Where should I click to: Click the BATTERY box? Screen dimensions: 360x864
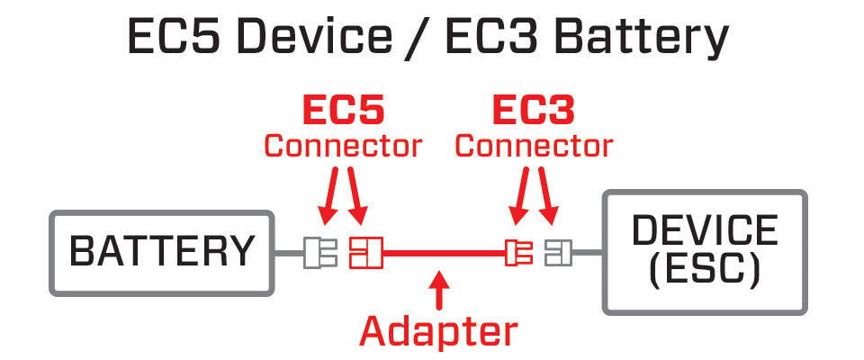coord(162,253)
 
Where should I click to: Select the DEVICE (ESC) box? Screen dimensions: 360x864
coord(705,251)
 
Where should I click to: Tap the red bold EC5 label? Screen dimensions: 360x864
coord(343,111)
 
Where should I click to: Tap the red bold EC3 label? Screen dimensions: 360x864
coord(533,111)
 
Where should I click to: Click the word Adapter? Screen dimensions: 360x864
coord(438,331)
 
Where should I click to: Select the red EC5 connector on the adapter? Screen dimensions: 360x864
coord(365,253)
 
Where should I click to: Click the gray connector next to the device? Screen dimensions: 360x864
coord(558,253)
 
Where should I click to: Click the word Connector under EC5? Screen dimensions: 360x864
coord(343,146)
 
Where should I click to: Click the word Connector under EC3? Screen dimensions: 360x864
coord(534,146)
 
